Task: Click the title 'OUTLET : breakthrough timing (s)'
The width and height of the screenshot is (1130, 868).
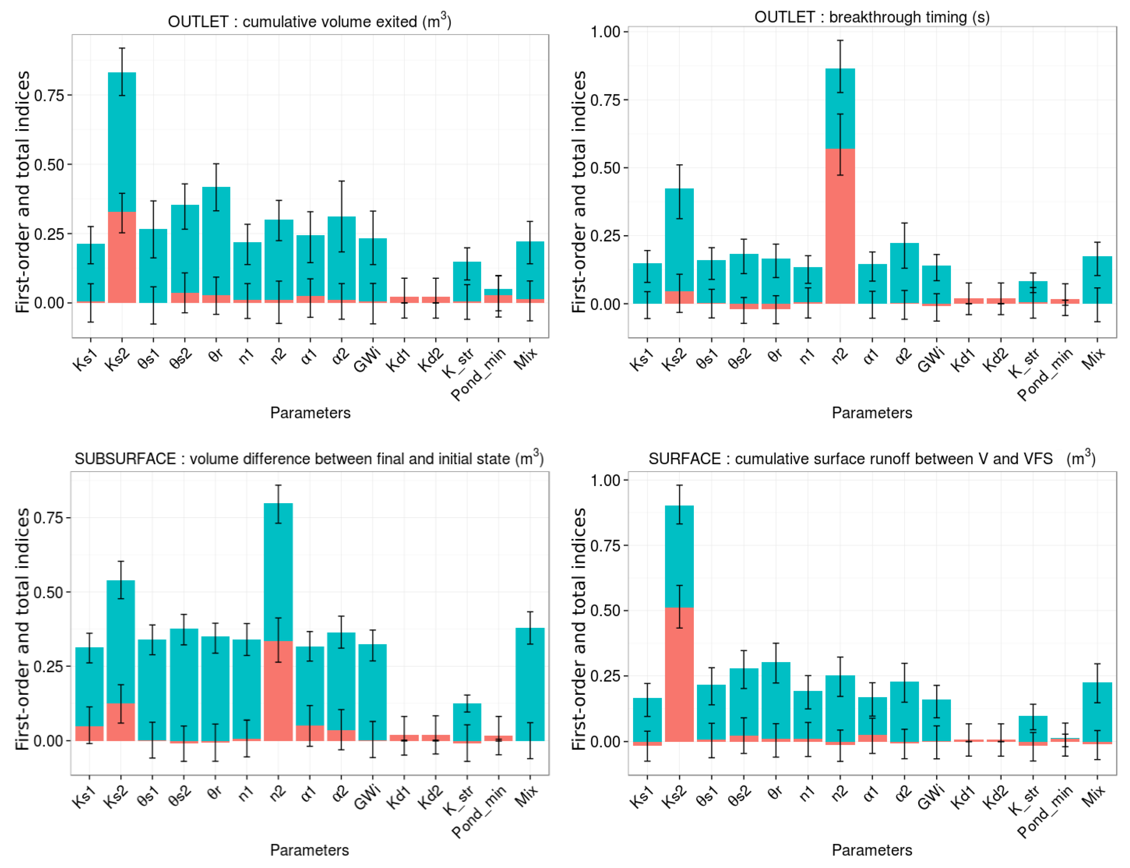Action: [872, 17]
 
